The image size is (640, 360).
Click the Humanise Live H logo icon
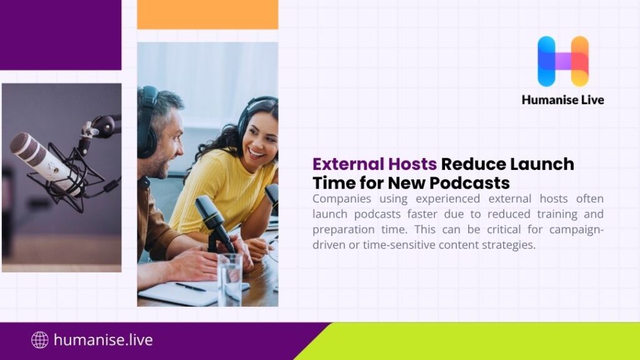[562, 61]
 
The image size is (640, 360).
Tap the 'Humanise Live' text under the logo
[562, 99]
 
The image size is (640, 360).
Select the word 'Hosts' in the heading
[411, 164]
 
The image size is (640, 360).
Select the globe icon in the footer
[40, 340]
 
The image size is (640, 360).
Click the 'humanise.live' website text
[103, 340]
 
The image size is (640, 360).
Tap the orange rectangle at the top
[207, 14]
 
